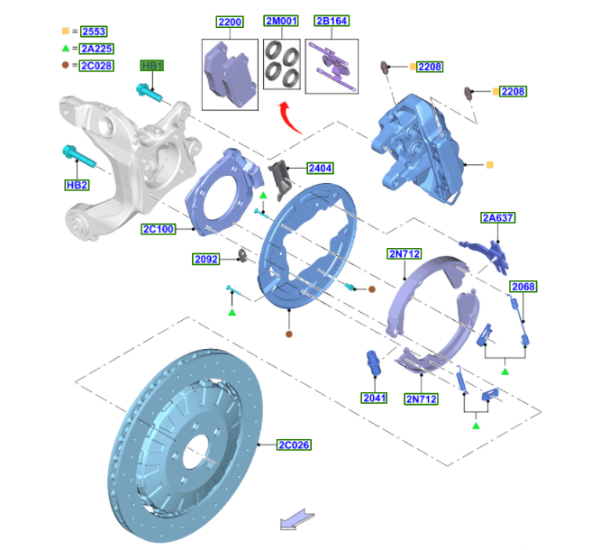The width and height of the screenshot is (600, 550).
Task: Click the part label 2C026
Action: (294, 445)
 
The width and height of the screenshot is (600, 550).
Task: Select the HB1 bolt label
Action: (152, 66)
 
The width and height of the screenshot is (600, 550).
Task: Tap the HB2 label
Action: (77, 185)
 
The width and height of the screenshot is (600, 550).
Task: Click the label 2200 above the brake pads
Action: (230, 22)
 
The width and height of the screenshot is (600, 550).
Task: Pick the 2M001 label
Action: (281, 21)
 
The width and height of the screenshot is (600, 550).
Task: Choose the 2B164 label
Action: (332, 21)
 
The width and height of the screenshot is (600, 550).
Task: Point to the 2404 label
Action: (321, 168)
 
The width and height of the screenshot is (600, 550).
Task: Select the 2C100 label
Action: (159, 229)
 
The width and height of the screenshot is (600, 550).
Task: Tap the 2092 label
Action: (206, 260)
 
